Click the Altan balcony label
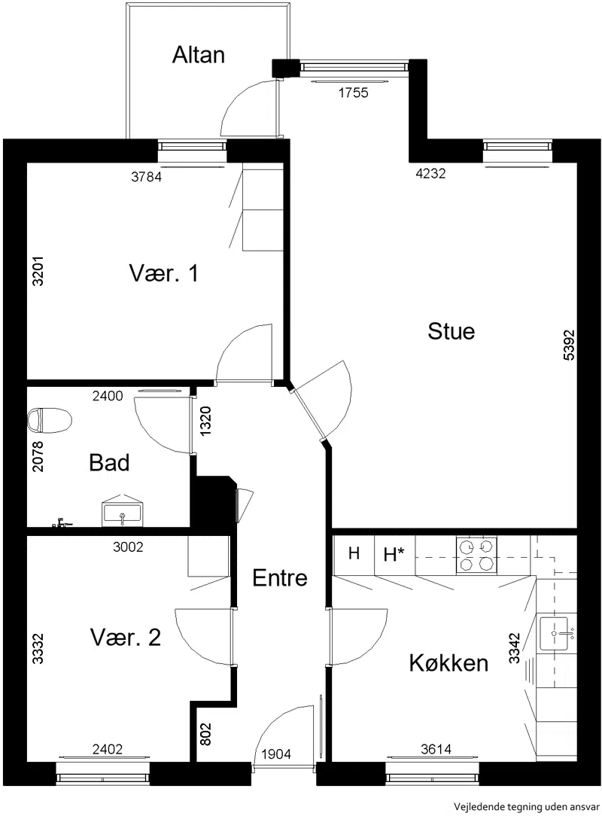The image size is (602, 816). tap(198, 55)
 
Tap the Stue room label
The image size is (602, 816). tap(451, 331)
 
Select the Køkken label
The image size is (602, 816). tap(448, 663)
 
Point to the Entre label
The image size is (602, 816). tap(280, 577)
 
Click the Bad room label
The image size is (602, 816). tap(109, 463)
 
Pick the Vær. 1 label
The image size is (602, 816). tap(164, 273)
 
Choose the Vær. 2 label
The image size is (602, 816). tap(126, 638)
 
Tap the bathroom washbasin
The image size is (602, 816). tap(122, 512)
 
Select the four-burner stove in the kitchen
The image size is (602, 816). tap(476, 556)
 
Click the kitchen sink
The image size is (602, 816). tap(554, 633)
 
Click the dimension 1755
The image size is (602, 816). tap(353, 93)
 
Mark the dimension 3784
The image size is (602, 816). tap(146, 177)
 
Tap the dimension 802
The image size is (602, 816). tap(207, 734)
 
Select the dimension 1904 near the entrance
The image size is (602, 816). tap(275, 754)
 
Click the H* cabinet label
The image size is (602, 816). tap(394, 555)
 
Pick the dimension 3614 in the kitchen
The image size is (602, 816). tap(436, 749)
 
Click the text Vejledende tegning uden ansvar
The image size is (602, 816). tap(527, 807)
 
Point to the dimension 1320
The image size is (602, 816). tap(206, 421)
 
